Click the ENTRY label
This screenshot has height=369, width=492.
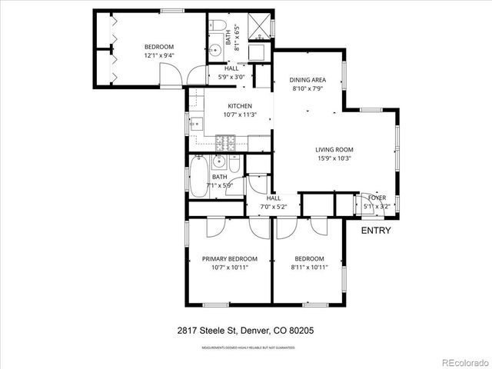pos(376,231)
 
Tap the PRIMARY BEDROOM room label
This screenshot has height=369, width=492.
pos(230,258)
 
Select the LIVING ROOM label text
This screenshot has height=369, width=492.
pos(334,150)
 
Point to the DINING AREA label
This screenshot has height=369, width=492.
pos(306,80)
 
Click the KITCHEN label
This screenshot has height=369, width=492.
pos(240,106)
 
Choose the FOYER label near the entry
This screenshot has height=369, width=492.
pos(377,198)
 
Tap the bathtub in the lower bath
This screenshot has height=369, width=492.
pos(198,175)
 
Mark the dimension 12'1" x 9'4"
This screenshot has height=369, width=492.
pos(158,55)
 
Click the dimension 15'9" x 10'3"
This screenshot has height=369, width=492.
pos(334,158)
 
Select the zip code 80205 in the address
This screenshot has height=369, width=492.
pos(301,331)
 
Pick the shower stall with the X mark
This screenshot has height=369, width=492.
pos(262,24)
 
